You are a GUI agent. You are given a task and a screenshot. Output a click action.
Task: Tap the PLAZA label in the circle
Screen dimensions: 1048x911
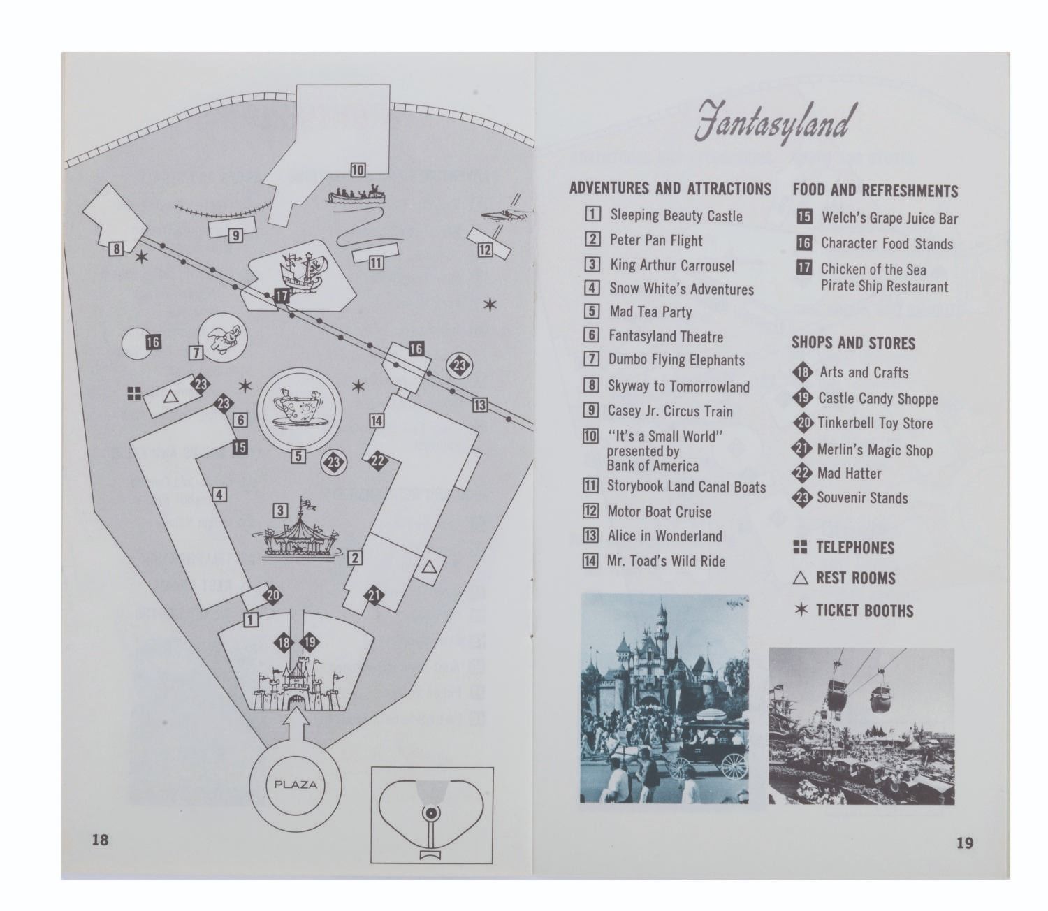click(x=296, y=785)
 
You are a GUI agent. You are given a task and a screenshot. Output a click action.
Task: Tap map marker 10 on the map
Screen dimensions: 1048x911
click(x=358, y=170)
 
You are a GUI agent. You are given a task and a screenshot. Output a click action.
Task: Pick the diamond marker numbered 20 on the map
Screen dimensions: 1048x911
click(x=273, y=595)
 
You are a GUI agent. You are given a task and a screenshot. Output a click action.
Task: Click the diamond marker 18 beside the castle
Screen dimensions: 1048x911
click(x=284, y=643)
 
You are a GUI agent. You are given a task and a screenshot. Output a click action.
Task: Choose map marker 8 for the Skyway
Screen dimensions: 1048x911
click(x=117, y=249)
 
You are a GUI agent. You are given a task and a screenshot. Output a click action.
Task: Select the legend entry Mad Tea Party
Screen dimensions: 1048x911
click(x=650, y=312)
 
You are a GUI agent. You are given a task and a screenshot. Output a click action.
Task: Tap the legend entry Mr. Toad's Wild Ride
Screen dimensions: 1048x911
click(x=666, y=561)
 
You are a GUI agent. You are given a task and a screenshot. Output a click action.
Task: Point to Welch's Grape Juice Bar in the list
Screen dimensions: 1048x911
click(x=889, y=218)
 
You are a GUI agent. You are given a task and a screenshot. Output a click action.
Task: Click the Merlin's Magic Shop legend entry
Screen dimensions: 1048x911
click(x=875, y=450)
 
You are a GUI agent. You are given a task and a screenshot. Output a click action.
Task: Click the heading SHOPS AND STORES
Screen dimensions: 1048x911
click(x=853, y=342)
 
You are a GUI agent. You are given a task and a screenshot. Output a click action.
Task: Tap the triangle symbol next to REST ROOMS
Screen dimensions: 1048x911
click(x=800, y=578)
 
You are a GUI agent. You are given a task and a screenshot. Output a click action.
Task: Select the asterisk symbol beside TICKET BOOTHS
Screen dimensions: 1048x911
click(x=801, y=609)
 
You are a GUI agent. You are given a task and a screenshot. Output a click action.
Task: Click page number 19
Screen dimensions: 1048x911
click(x=964, y=843)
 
